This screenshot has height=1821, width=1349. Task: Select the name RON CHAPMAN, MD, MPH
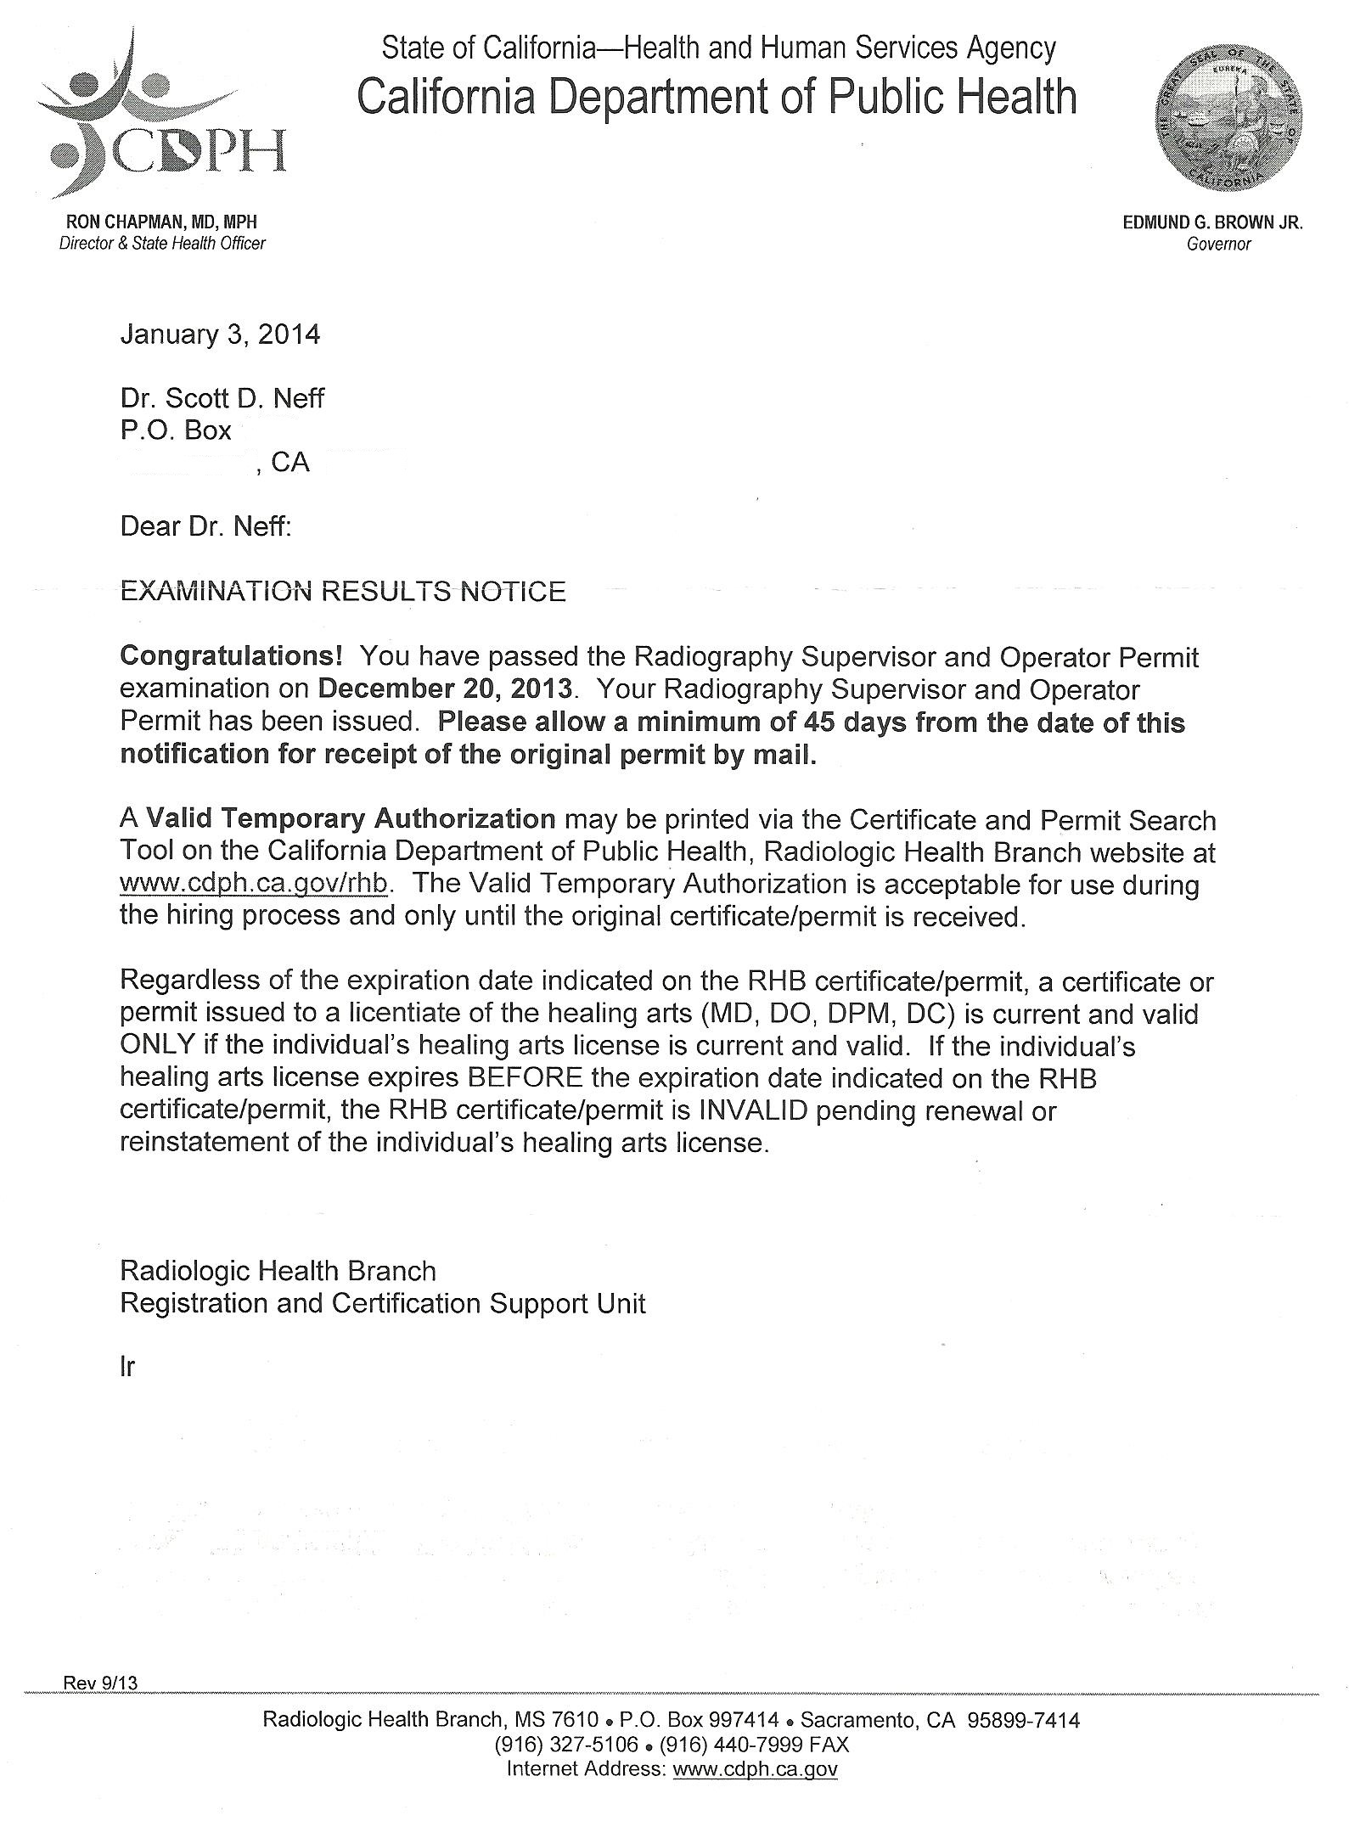(161, 222)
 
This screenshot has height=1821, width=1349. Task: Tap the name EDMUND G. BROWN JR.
(1212, 223)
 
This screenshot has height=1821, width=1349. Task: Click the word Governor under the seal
(1219, 244)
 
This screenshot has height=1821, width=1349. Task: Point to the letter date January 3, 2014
(220, 334)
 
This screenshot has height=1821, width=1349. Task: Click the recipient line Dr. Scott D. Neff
(222, 397)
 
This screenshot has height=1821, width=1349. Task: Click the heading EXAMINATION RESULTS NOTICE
(343, 591)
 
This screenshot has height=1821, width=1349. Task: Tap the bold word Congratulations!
(232, 656)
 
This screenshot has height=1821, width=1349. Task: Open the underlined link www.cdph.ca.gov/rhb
(254, 884)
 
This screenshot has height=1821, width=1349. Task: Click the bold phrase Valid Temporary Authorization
(351, 819)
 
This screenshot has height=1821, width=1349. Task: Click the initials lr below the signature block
(127, 1368)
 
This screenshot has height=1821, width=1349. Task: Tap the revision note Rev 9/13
(100, 1683)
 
